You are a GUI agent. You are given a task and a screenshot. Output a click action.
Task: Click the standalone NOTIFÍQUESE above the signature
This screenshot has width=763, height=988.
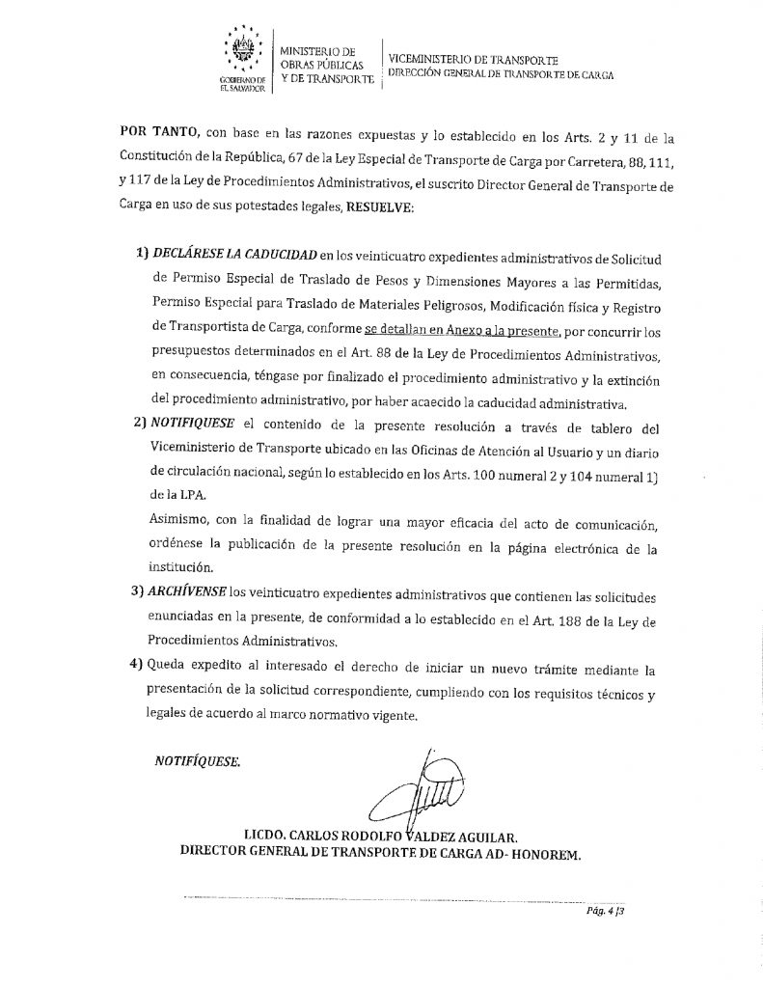pos(198,761)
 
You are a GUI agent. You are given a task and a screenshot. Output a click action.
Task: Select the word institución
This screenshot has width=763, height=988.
pos(182,569)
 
